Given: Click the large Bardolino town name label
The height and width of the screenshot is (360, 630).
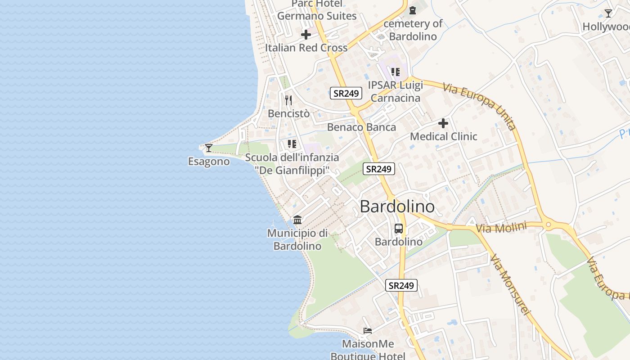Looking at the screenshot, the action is [x=397, y=207].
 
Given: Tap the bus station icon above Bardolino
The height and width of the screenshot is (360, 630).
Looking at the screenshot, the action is [x=399, y=229].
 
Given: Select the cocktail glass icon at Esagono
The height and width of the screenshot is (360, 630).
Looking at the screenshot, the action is [x=209, y=148].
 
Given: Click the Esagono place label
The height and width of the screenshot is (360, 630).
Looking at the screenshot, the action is [x=209, y=162].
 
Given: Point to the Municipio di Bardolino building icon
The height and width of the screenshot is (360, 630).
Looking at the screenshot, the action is [x=297, y=220].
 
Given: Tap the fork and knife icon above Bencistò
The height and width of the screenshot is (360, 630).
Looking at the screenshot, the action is [x=288, y=100].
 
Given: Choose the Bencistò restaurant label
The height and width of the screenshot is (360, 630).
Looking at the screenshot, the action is [x=288, y=113].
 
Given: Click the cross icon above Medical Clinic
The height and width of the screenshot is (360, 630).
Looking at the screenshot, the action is [x=443, y=123].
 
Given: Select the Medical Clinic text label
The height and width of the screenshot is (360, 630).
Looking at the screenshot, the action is [x=443, y=136].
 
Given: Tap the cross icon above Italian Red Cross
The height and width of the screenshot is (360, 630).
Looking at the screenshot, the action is [x=306, y=35].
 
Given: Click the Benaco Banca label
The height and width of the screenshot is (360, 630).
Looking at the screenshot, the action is [x=361, y=127].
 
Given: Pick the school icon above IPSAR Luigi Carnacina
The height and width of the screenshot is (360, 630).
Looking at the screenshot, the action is [x=396, y=72].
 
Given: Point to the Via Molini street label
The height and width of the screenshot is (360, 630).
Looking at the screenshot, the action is [x=501, y=228].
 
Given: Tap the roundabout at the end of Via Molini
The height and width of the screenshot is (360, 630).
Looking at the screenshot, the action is [x=548, y=224].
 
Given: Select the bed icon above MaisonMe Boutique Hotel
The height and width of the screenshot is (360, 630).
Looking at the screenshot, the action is [x=368, y=331].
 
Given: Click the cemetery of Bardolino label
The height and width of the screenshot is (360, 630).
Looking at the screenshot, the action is [x=413, y=30].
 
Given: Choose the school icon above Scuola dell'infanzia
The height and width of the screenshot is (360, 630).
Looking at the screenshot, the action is [x=292, y=144].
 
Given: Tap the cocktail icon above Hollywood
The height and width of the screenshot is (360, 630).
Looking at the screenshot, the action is [x=608, y=13].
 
